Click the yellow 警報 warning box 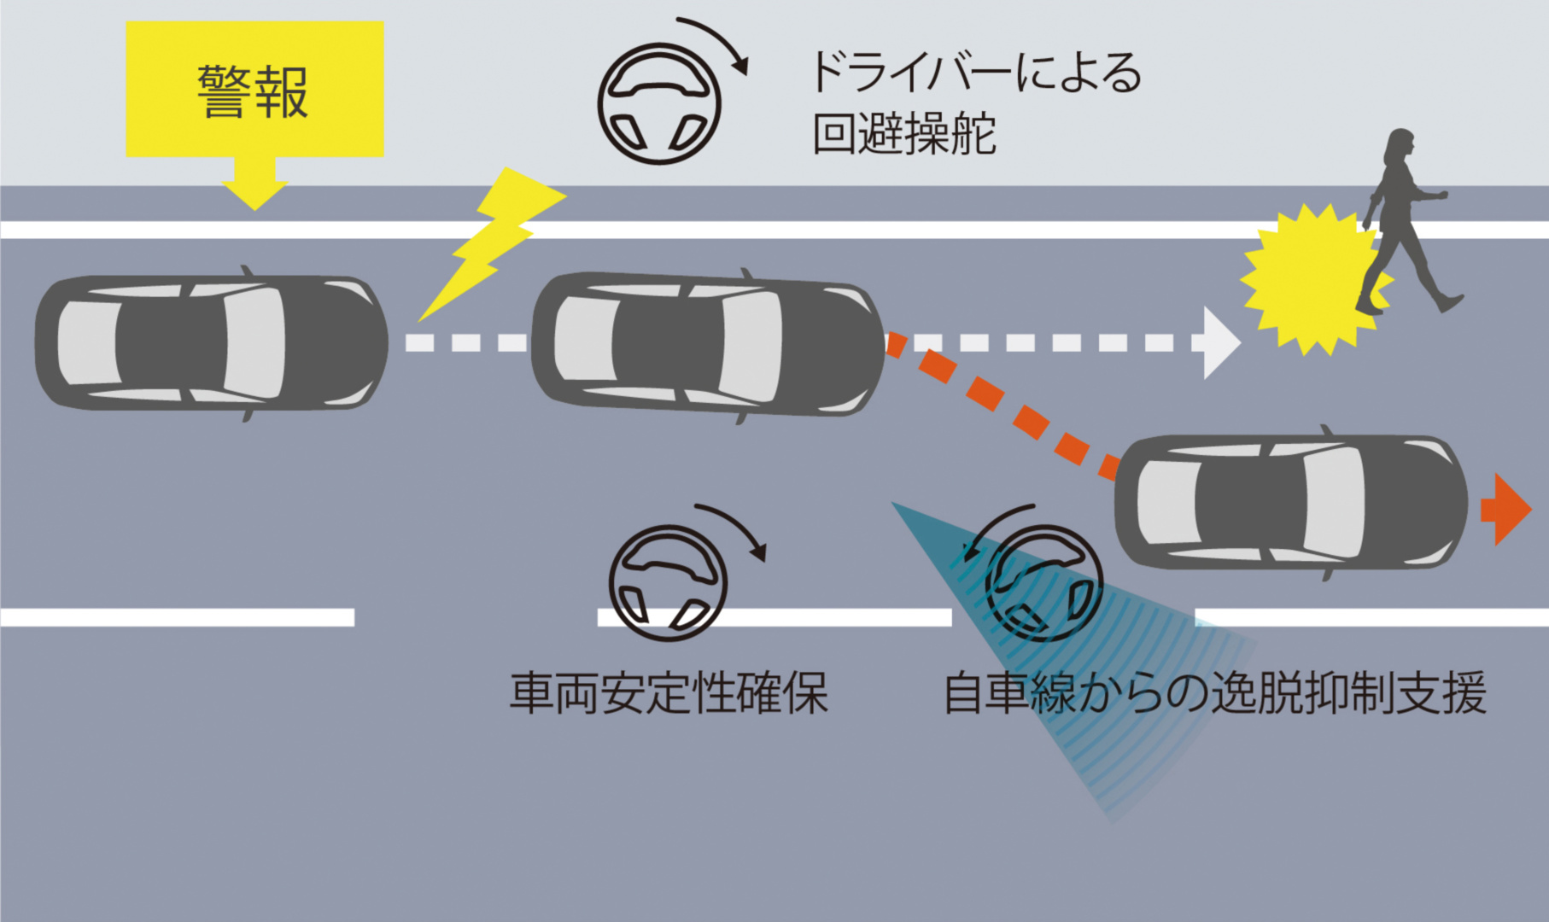click(254, 90)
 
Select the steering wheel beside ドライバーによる click(659, 104)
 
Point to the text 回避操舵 click(903, 134)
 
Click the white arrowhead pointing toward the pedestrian click(1219, 342)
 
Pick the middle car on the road click(708, 343)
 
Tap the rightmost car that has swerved click(1290, 502)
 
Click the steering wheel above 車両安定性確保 click(668, 583)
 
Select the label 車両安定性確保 click(669, 692)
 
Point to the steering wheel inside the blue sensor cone click(1043, 583)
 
